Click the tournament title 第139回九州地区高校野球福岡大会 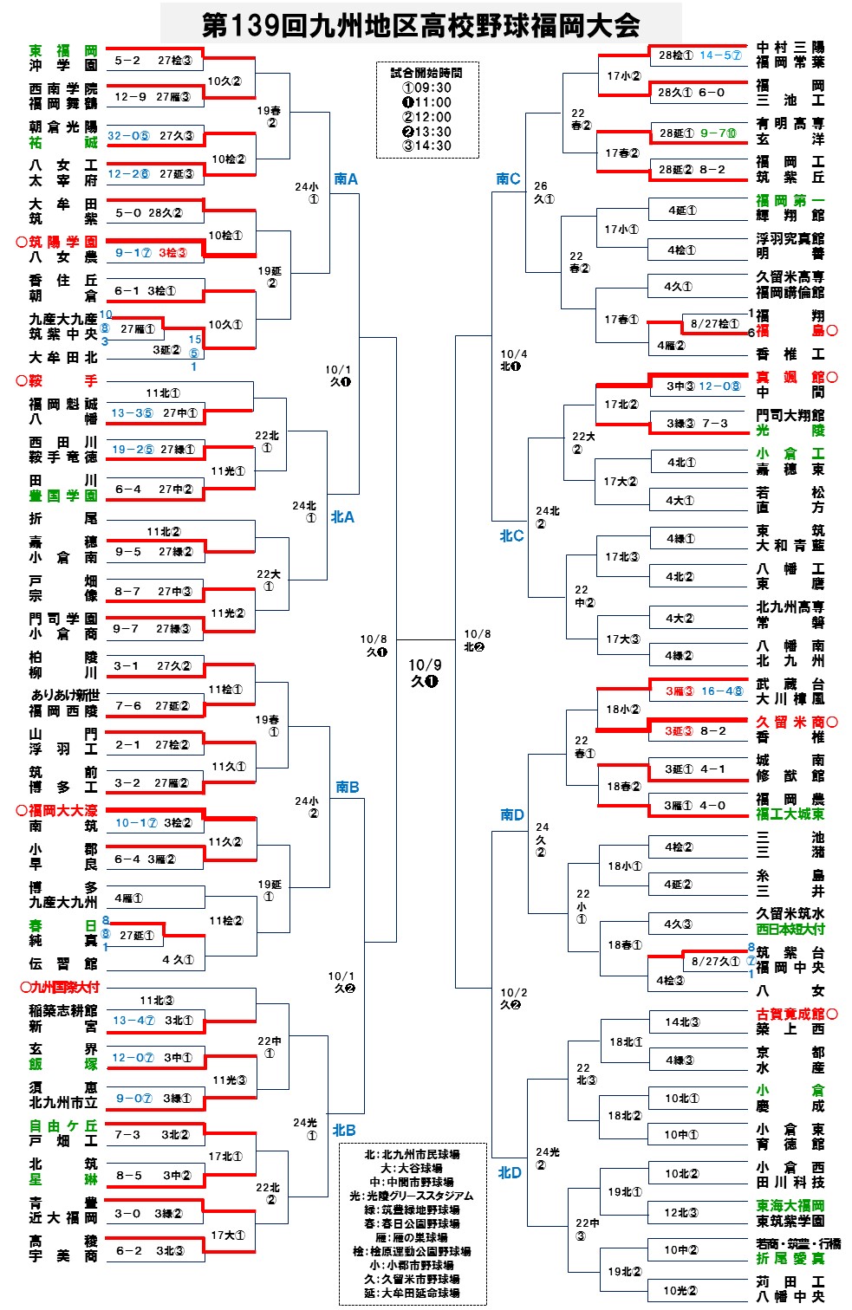click(x=421, y=24)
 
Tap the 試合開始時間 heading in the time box click(x=426, y=74)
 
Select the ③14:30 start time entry click(x=426, y=146)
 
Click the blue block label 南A click(x=346, y=179)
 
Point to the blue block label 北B click(x=343, y=1130)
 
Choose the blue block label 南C click(x=508, y=179)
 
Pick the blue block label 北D click(x=510, y=1172)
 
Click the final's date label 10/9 click(x=425, y=665)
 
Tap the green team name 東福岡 click(x=63, y=51)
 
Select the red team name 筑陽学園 click(x=64, y=242)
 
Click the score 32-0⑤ click(x=128, y=136)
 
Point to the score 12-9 click(x=130, y=97)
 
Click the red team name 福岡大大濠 click(x=62, y=811)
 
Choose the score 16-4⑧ click(x=722, y=691)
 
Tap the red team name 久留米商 click(x=790, y=722)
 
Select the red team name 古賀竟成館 click(x=790, y=1014)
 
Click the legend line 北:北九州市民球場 click(x=412, y=1155)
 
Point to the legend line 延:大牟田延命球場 click(x=412, y=1293)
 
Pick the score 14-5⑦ click(x=720, y=55)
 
